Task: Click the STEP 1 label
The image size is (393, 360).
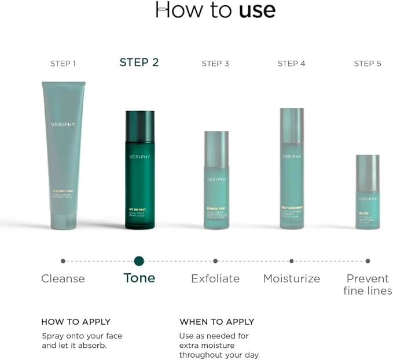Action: [63, 63]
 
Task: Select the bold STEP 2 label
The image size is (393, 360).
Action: [139, 63]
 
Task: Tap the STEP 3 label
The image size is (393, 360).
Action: [215, 63]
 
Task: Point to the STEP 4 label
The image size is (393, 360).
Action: [291, 63]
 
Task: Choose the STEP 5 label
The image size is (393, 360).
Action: [368, 63]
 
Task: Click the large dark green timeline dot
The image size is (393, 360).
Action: [139, 261]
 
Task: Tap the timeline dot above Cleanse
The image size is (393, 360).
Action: [63, 261]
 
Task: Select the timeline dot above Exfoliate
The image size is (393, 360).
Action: [215, 261]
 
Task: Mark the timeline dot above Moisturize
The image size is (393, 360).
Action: [292, 261]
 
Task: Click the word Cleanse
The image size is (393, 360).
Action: [63, 278]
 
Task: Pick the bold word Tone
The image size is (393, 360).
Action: [139, 278]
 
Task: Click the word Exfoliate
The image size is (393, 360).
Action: [215, 278]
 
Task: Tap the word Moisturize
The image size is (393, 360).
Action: [292, 278]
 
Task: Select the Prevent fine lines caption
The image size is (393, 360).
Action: [368, 284]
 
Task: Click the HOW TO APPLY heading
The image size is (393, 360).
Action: [76, 322]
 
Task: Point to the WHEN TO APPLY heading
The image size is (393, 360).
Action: [216, 322]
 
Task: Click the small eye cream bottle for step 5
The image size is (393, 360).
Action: [368, 192]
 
